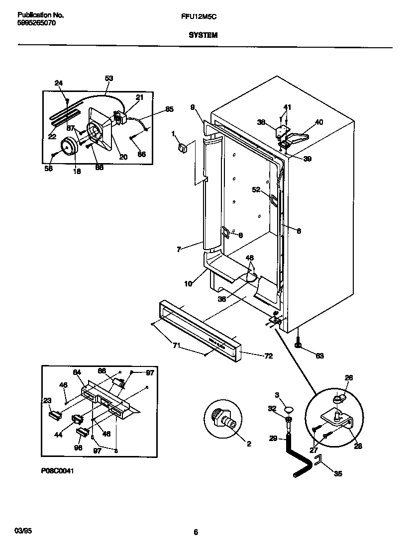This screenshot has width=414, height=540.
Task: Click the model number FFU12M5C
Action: pos(202,16)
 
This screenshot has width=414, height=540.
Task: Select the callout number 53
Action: pos(109,78)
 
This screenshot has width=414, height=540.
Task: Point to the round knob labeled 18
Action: pos(69,148)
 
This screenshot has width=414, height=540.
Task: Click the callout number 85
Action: pos(169,109)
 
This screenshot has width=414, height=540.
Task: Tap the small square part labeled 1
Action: pos(182,147)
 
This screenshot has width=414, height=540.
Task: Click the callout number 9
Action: pos(193,106)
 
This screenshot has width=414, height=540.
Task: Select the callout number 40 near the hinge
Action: pos(319,122)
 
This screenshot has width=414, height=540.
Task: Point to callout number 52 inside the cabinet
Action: pos(256,189)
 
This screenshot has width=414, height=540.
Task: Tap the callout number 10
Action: pos(189,284)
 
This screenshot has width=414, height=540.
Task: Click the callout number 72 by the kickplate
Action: pos(268,356)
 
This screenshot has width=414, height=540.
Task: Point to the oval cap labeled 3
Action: pos(288,409)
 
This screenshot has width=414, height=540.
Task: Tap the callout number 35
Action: pos(338,473)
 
